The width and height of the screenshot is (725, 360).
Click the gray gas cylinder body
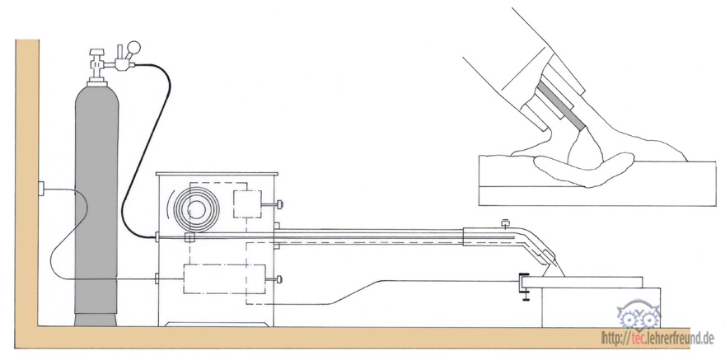pos(96,203)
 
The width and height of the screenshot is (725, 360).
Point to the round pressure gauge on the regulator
pos(133,47)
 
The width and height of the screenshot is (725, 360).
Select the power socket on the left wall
pos(40,189)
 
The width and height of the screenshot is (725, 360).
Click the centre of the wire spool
pos(197,210)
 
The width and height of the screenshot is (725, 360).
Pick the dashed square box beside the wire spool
pos(247,203)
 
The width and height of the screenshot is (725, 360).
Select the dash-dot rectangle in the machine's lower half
pos(225,278)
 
